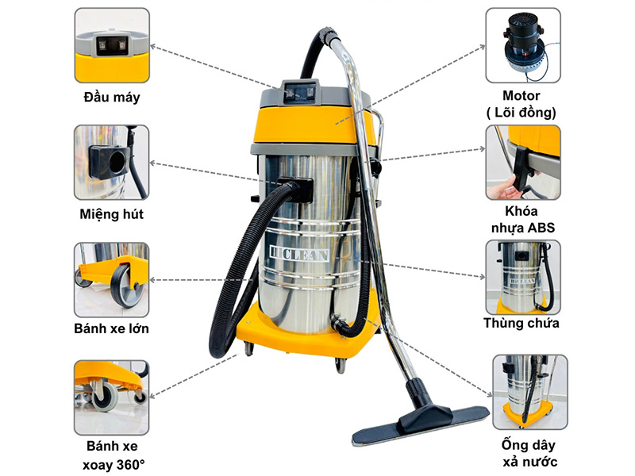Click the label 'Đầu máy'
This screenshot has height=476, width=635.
click(111, 98)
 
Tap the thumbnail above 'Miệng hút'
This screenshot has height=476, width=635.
click(112, 162)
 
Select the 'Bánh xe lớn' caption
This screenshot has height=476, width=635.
click(111, 328)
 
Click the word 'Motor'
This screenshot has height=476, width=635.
click(522, 96)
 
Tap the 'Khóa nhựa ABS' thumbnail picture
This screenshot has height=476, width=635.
click(522, 162)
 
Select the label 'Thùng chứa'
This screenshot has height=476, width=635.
click(522, 323)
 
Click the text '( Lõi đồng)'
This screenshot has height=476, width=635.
click(522, 113)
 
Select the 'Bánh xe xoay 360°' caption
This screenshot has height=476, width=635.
click(112, 455)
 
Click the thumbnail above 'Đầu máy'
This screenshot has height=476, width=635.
click(112, 45)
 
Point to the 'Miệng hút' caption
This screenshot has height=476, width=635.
click(112, 214)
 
